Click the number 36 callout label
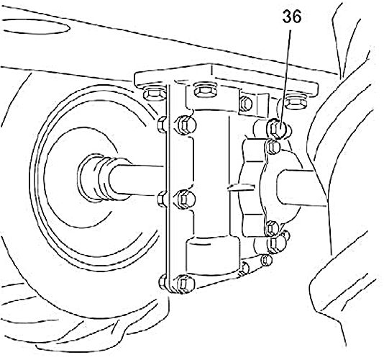[x=292, y=17]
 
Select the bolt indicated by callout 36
[x=278, y=128]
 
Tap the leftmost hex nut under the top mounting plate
[x=154, y=94]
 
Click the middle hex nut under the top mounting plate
[x=205, y=90]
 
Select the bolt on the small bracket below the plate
[x=246, y=104]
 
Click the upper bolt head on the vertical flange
[x=186, y=125]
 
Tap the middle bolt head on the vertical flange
[x=186, y=199]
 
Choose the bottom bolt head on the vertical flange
[x=186, y=284]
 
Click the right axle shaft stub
[x=301, y=188]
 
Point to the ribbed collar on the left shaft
[x=98, y=179]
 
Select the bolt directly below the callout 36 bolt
[x=273, y=146]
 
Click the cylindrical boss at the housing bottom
[x=213, y=255]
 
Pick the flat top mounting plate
[x=226, y=78]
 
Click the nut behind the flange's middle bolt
[x=163, y=199]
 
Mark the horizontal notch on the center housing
[x=241, y=187]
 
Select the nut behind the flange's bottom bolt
[x=163, y=282]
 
